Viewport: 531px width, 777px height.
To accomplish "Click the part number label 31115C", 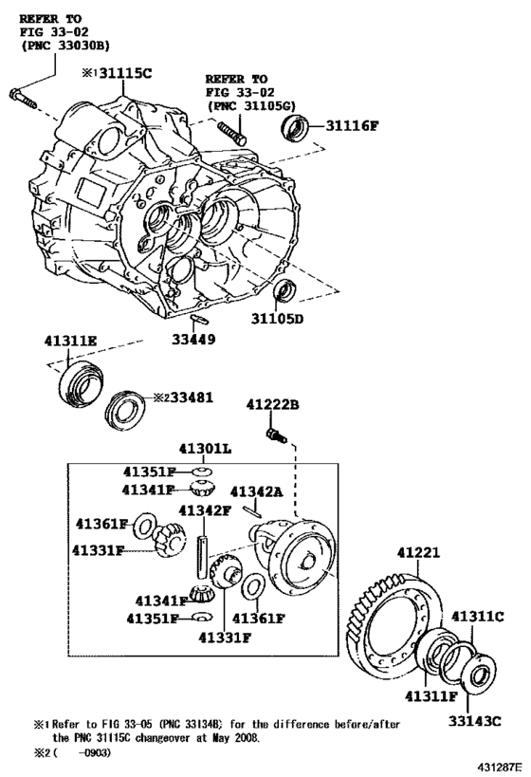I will [128, 71].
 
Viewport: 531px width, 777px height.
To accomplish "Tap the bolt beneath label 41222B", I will [278, 436].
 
